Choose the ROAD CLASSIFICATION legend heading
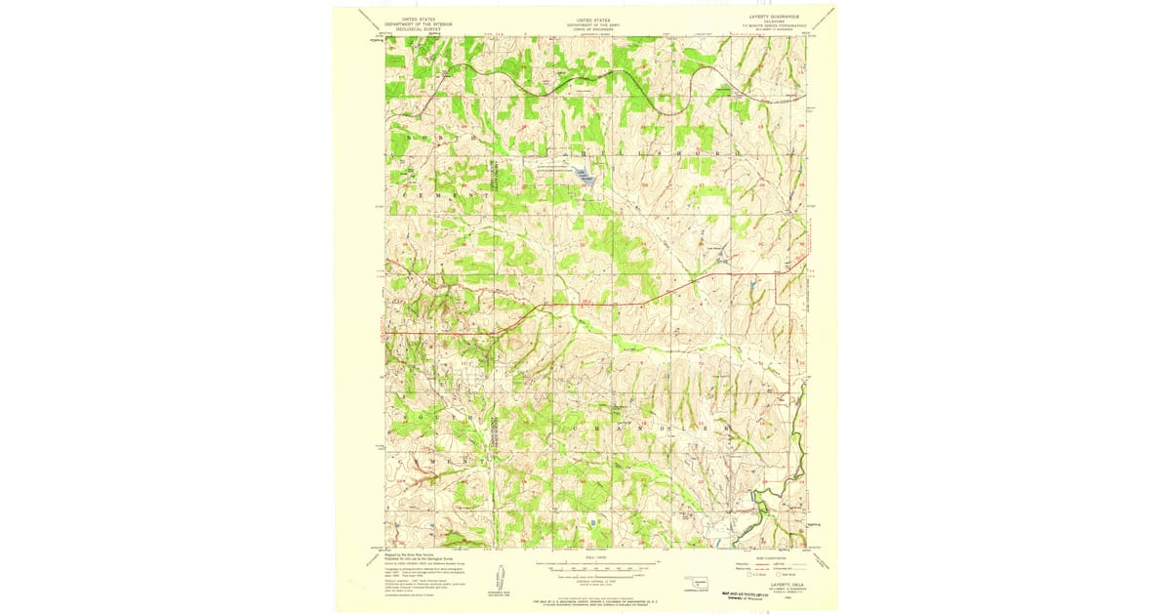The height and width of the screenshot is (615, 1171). (772, 557)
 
